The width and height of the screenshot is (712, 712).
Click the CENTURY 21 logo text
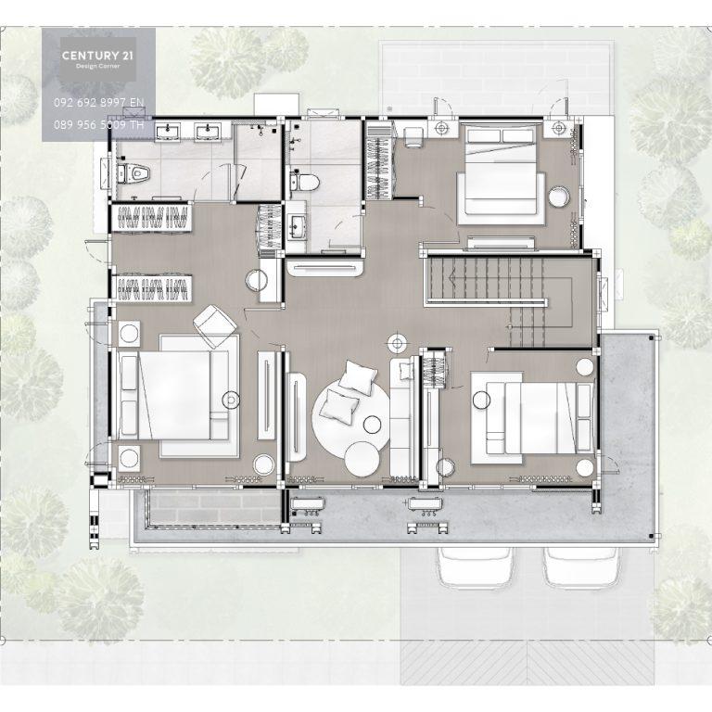[x=97, y=56]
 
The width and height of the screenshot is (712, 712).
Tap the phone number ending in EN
[x=98, y=103]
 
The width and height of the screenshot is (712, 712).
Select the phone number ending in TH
[x=98, y=124]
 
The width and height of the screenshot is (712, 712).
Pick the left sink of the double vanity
[x=168, y=133]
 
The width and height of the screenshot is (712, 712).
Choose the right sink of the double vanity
[x=208, y=133]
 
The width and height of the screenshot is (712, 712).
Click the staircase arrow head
[x=451, y=277]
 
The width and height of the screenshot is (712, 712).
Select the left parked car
[x=475, y=566]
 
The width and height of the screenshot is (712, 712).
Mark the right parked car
[x=582, y=566]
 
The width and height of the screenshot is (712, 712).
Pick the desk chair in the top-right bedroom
[x=413, y=137]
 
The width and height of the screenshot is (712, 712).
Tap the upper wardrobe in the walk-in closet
[x=153, y=217]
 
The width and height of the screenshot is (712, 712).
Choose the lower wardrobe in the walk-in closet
[x=153, y=289]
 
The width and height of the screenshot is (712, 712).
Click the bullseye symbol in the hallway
[x=398, y=344]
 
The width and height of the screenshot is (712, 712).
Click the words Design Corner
[x=97, y=67]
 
